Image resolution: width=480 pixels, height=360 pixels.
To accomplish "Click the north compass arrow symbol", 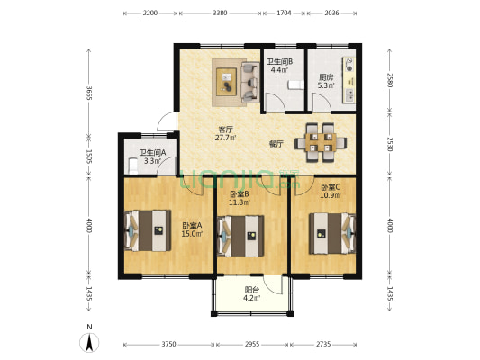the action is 89,343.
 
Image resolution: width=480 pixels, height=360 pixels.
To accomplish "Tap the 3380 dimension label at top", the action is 220,13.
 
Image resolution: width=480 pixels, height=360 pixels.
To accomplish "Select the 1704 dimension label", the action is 284,13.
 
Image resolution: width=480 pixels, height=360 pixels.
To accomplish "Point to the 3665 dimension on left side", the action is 89,93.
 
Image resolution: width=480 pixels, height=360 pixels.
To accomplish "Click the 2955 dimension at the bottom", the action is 252,345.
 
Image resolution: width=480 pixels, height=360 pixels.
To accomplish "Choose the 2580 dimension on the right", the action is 389,80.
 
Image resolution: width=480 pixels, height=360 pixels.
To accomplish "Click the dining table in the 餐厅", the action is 321,142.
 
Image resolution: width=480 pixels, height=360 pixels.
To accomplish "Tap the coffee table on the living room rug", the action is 227,82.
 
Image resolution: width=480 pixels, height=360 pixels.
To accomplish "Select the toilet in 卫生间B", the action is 295,85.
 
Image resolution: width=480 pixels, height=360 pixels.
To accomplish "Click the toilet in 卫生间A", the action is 133,166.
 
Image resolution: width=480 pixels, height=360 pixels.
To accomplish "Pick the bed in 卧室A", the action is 148,230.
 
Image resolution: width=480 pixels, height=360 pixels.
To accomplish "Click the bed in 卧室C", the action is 332,234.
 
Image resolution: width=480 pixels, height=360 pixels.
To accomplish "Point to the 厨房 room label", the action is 325,77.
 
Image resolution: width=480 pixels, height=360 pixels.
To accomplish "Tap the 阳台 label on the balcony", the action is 252,290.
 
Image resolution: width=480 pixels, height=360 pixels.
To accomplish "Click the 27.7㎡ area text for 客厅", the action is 225,138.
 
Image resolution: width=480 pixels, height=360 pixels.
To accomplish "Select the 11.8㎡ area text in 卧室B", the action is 240,202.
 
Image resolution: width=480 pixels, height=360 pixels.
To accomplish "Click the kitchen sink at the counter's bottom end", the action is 349,94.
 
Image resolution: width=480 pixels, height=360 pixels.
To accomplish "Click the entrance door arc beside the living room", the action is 166,121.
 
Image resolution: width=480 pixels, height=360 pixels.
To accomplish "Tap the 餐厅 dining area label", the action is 276,144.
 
